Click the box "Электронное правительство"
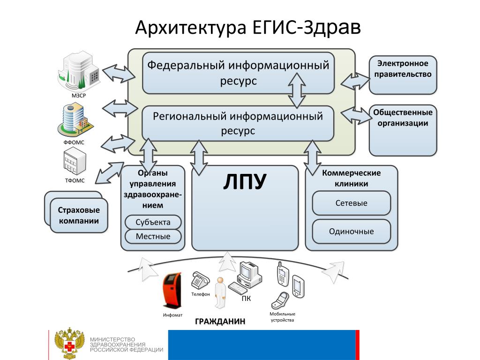click(x=403, y=74)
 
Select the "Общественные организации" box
click(x=403, y=130)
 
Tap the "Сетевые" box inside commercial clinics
click(x=351, y=203)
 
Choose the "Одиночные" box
click(x=351, y=231)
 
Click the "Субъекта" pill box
click(x=153, y=222)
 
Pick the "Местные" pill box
click(x=153, y=236)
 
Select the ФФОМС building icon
click(x=75, y=120)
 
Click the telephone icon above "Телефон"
click(x=199, y=280)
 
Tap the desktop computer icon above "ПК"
click(x=247, y=277)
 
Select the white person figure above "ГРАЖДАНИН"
click(x=219, y=293)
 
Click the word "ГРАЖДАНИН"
click(x=220, y=322)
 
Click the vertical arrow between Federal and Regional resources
click(x=297, y=90)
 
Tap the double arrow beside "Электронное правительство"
click(x=355, y=81)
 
